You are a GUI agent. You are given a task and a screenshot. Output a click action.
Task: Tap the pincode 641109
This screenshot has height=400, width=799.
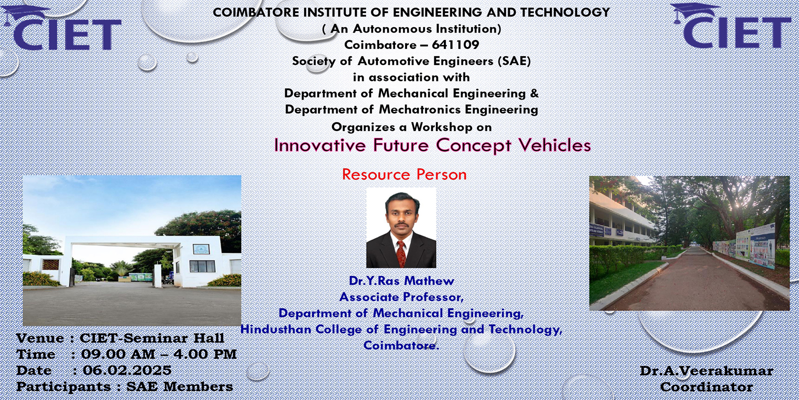pyautogui.click(x=455, y=45)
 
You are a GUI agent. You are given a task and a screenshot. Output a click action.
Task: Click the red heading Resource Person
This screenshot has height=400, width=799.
pyautogui.click(x=404, y=174)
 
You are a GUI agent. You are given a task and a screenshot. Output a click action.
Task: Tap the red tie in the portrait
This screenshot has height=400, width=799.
pyautogui.click(x=401, y=253)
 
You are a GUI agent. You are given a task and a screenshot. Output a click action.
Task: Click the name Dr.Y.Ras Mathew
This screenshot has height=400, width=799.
pyautogui.click(x=401, y=281)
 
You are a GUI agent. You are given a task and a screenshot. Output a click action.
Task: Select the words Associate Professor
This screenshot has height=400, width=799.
pyautogui.click(x=401, y=297)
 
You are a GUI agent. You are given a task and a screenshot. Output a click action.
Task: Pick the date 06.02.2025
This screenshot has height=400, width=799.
pyautogui.click(x=127, y=370)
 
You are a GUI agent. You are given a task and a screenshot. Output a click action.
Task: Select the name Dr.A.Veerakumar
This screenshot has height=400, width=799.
pyautogui.click(x=707, y=371)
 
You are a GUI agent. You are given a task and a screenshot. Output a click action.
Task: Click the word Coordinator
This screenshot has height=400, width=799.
pyautogui.click(x=707, y=387)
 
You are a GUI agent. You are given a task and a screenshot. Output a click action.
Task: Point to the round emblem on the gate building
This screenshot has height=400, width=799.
pyautogui.click(x=201, y=248)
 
